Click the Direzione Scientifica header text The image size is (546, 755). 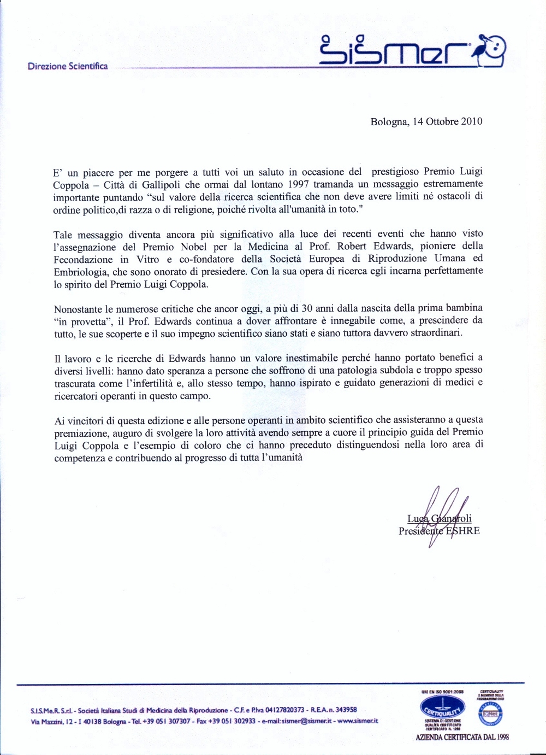pos(68,66)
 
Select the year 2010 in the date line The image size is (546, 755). pos(472,121)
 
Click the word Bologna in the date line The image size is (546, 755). pos(389,121)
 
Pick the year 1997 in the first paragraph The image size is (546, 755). pos(301,184)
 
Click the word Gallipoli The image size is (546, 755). pos(168,184)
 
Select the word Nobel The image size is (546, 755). pos(194,247)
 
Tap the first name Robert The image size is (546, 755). pos(352,246)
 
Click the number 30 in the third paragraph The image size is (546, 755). pos(307,309)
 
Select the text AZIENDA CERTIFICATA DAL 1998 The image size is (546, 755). pos(462,737)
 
